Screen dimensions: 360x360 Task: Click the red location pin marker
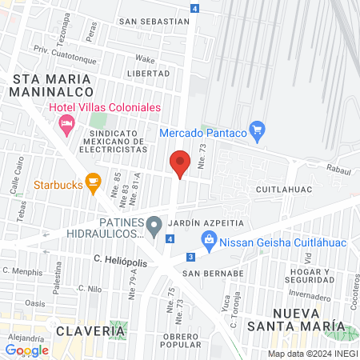point(180,164)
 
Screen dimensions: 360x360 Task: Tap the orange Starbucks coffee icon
point(93,184)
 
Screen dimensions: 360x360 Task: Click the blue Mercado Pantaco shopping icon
point(257,130)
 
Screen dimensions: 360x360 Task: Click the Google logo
point(26,350)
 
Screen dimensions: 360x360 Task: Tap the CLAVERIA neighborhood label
point(90,330)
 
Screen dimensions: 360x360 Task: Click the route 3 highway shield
point(190,256)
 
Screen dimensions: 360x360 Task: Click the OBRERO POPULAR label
point(180,341)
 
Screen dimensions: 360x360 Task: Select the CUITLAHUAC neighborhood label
point(283,190)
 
